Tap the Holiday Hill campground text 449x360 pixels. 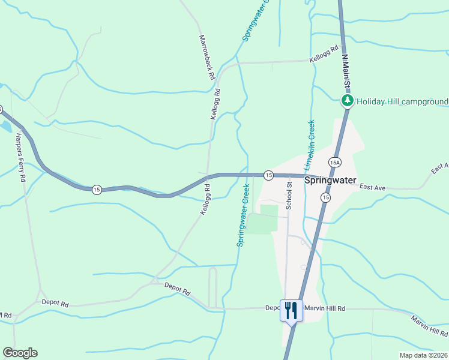pyautogui.click(x=401, y=101)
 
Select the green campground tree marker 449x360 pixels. pyautogui.click(x=346, y=100)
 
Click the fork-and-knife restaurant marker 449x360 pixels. pyautogui.click(x=291, y=311)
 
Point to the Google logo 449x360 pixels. pyautogui.click(x=20, y=353)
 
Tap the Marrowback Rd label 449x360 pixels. pyautogui.click(x=206, y=58)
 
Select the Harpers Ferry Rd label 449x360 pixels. pyautogui.click(x=20, y=155)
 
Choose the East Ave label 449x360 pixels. pyautogui.click(x=372, y=188)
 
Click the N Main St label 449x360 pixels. pyautogui.click(x=345, y=68)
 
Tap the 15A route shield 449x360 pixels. pyautogui.click(x=335, y=162)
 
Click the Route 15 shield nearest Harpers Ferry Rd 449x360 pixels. pyautogui.click(x=97, y=190)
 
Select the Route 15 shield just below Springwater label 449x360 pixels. pyautogui.click(x=325, y=197)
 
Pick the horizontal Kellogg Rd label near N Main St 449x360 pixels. pyautogui.click(x=324, y=55)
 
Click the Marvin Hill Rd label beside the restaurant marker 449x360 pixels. pyautogui.click(x=325, y=308)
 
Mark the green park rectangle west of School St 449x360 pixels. pyautogui.click(x=264, y=219)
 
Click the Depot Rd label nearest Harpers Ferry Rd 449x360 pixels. pyautogui.click(x=55, y=304)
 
